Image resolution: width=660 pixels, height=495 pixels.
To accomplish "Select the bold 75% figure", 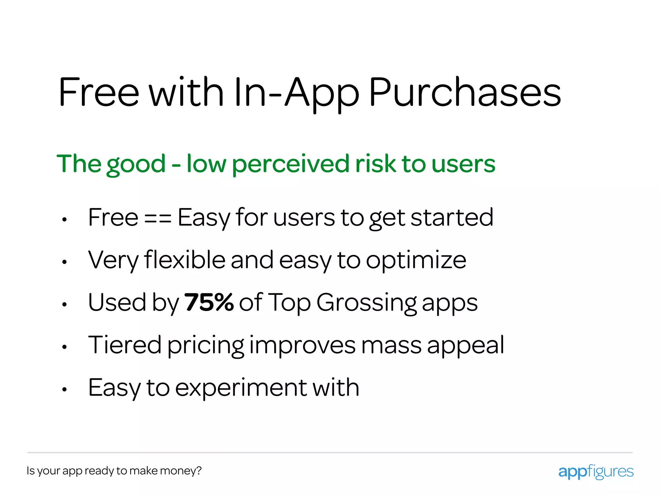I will coord(209,302).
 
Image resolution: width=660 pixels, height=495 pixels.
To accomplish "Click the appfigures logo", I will coord(596,471).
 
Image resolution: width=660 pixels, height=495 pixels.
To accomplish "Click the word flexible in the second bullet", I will coord(185,260).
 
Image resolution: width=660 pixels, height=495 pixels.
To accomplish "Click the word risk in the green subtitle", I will coord(375,164).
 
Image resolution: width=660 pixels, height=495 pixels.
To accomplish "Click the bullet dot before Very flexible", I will coord(64,262).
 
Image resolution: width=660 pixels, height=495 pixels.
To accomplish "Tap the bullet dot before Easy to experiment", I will coord(64,389).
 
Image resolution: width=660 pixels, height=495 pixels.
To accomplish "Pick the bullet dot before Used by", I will coord(64,304).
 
